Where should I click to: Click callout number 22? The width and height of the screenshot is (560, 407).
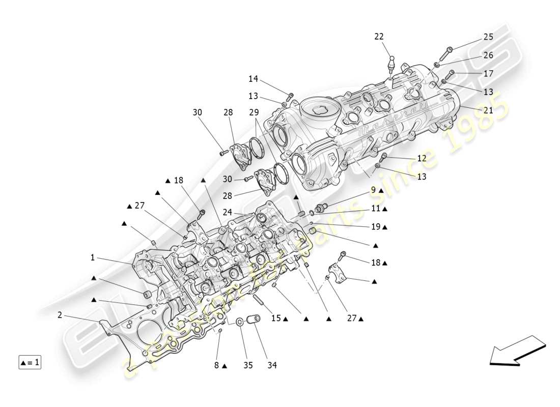tap(379, 37)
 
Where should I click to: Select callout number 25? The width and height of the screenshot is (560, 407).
tap(488, 37)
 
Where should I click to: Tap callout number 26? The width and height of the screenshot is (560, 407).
tap(488, 55)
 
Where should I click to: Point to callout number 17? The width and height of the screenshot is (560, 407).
tap(488, 73)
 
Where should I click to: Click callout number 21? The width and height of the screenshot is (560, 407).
tap(488, 110)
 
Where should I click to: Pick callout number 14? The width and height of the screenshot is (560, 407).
tap(253, 79)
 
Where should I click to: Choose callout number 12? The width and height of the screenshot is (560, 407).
tap(422, 158)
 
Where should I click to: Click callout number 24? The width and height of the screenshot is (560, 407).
tap(227, 212)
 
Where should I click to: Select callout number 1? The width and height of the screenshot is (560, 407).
tap(93, 258)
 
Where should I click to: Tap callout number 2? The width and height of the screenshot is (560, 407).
tap(60, 315)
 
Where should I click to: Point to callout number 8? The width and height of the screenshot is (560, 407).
tap(216, 365)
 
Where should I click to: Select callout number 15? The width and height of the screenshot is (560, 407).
tap(275, 318)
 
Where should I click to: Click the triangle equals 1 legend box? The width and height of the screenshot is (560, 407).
tap(30, 363)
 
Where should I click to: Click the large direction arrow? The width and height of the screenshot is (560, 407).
tap(517, 351)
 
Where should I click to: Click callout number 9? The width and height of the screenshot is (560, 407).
tap(373, 190)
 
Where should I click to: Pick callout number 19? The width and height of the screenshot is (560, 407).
tap(375, 227)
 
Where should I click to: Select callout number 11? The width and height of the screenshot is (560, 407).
tap(375, 209)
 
